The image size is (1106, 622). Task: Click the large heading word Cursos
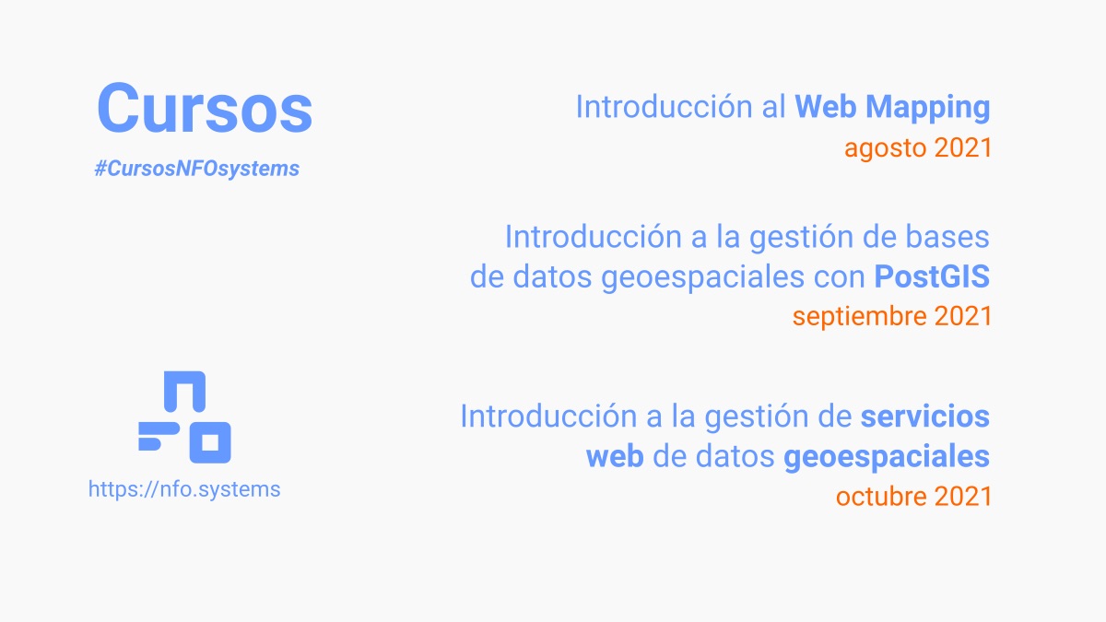tap(205, 109)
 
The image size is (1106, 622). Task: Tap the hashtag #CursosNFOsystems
tap(196, 169)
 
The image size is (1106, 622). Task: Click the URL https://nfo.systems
tap(184, 488)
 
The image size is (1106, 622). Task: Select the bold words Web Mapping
tap(892, 107)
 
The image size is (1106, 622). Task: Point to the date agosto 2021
tap(918, 147)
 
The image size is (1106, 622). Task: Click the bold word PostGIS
tap(932, 276)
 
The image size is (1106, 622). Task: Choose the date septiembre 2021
tap(891, 316)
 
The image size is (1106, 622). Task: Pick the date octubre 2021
tap(913, 496)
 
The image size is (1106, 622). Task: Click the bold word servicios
tap(924, 417)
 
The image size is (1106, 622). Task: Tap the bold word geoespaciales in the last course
tap(887, 456)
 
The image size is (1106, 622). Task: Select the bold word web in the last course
tap(615, 456)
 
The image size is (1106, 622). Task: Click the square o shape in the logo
tap(210, 442)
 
